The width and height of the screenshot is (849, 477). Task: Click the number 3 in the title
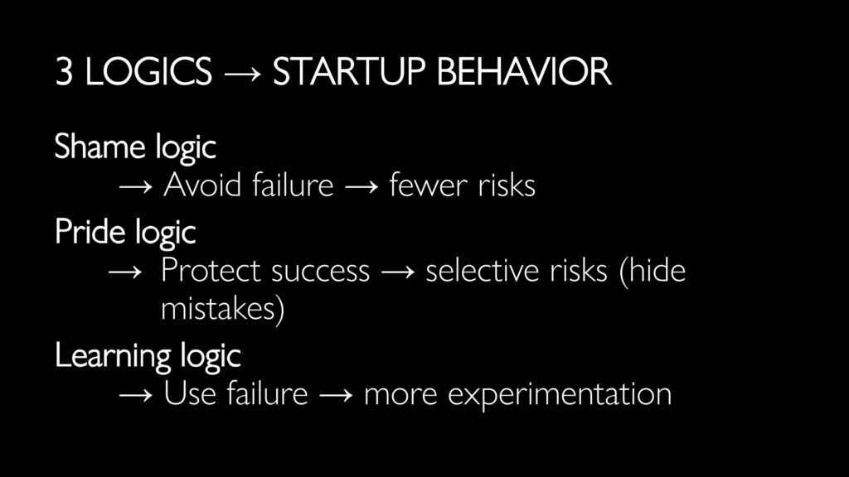64,72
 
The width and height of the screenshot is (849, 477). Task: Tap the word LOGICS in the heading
148,72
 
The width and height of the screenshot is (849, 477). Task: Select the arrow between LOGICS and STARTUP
242,74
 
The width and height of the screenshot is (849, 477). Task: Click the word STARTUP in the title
349,72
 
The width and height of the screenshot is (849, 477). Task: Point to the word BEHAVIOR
524,72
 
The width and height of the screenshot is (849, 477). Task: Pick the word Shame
100,146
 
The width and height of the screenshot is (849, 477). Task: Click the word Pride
90,232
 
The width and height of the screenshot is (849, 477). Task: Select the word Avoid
202,185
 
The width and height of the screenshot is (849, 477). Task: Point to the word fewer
428,185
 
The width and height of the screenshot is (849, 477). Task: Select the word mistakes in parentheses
218,309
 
